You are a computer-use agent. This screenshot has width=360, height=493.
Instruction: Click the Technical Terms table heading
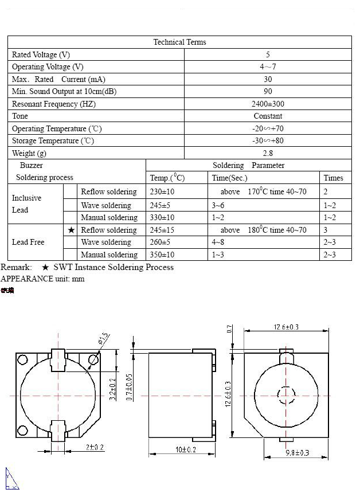pyautogui.click(x=179, y=42)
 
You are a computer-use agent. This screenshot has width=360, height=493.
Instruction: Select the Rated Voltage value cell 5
pyautogui.click(x=268, y=54)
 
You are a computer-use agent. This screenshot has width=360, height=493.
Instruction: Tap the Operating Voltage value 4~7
pyautogui.click(x=268, y=67)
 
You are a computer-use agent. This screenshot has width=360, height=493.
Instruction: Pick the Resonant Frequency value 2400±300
pyautogui.click(x=268, y=104)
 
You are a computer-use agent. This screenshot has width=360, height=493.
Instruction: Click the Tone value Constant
pyautogui.click(x=268, y=116)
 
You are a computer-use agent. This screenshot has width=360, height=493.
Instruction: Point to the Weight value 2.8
pyautogui.click(x=268, y=153)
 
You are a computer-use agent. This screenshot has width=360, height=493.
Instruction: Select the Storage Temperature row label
pyautogui.click(x=53, y=140)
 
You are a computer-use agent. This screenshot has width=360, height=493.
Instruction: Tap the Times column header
pyautogui.click(x=333, y=178)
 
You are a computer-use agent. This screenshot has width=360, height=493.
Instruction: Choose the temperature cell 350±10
pyautogui.click(x=162, y=255)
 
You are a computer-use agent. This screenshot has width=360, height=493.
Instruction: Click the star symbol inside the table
pyautogui.click(x=71, y=230)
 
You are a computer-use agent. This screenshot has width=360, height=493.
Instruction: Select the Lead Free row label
pyautogui.click(x=28, y=242)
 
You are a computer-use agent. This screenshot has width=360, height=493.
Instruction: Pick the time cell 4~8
pyautogui.click(x=218, y=242)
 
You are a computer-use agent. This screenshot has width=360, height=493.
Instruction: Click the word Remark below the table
pyautogui.click(x=16, y=267)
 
